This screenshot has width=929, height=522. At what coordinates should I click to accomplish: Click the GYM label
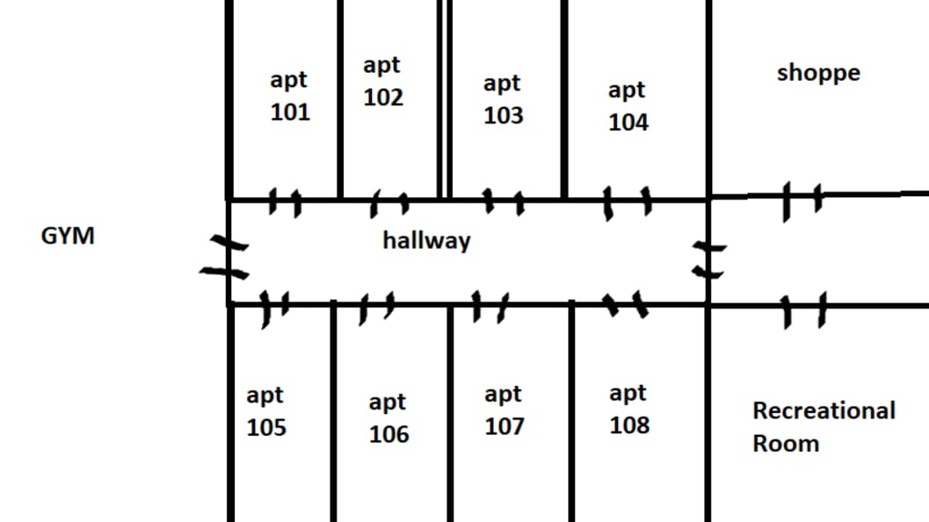(x=68, y=237)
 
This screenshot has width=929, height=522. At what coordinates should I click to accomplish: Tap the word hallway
(x=426, y=241)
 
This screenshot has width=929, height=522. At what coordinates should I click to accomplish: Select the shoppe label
(x=818, y=73)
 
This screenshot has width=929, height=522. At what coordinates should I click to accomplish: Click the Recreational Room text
(x=823, y=427)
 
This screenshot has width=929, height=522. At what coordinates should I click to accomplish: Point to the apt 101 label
(x=289, y=96)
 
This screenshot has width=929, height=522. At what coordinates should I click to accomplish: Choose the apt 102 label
(x=383, y=81)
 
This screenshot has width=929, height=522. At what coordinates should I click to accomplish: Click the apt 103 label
(x=503, y=99)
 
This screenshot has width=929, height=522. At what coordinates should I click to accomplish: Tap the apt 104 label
(x=628, y=105)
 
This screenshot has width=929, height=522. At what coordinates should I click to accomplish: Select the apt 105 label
(x=266, y=411)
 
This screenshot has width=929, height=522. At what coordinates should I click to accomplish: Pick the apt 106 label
(x=388, y=418)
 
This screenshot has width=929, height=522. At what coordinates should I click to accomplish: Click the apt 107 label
(x=504, y=410)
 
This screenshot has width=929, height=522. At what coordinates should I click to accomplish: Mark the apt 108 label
(x=628, y=409)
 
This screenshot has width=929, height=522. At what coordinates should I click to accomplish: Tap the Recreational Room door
(x=805, y=310)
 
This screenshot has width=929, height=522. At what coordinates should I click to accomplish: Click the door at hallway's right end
(x=708, y=259)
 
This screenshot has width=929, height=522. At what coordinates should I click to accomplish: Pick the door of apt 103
(x=504, y=201)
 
